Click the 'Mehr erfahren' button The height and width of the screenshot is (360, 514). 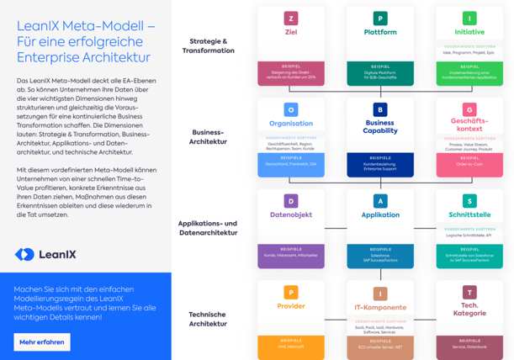click(x=42, y=341)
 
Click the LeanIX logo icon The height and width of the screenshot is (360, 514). click(x=25, y=254)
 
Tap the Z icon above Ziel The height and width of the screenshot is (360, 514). click(x=291, y=19)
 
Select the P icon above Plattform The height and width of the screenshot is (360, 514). click(x=380, y=19)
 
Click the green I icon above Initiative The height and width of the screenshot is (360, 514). click(x=469, y=19)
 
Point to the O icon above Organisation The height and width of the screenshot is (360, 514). click(x=291, y=109)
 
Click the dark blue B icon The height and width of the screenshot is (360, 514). click(x=380, y=109)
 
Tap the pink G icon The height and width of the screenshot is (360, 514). click(x=469, y=110)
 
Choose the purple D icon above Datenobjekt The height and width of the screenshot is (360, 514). click(x=291, y=201)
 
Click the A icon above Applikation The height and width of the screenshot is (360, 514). click(x=380, y=201)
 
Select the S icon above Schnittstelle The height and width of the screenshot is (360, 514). click(x=469, y=201)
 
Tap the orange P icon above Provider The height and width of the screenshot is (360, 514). click(x=291, y=293)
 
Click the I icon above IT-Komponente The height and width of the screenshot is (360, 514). click(x=380, y=294)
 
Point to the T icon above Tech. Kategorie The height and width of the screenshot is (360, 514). click(x=469, y=293)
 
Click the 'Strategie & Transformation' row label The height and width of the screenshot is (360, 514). click(x=208, y=45)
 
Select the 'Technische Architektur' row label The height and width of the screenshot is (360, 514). click(x=207, y=319)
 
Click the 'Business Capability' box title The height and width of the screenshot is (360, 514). click(x=380, y=127)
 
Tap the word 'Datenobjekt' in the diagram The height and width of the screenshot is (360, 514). click(x=291, y=215)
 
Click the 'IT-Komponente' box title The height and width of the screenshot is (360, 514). click(x=380, y=307)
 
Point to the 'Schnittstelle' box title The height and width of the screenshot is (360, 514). click(x=469, y=215)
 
